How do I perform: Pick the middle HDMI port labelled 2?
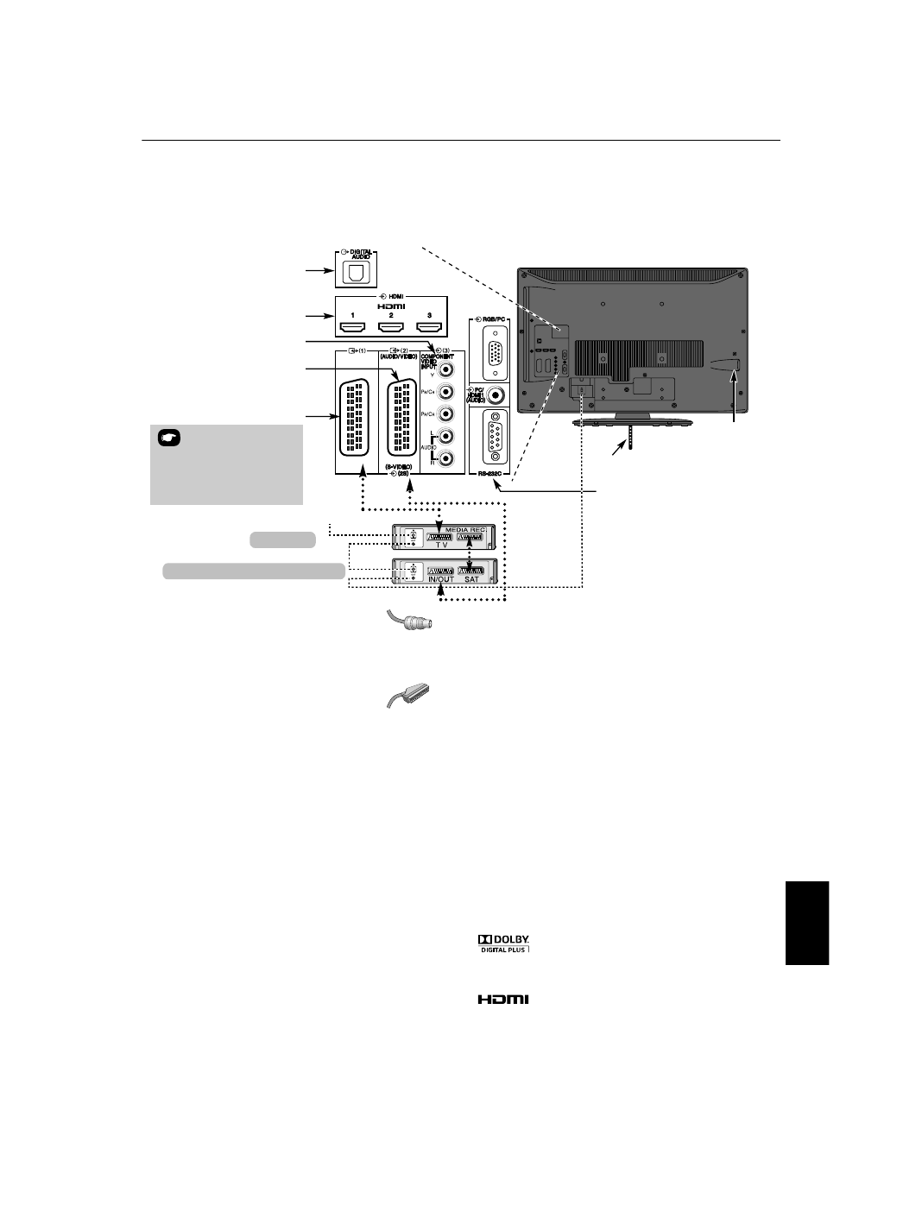(390, 327)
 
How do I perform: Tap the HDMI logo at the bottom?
(503, 1000)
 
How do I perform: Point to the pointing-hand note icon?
(168, 438)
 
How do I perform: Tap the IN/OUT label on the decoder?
(441, 579)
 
